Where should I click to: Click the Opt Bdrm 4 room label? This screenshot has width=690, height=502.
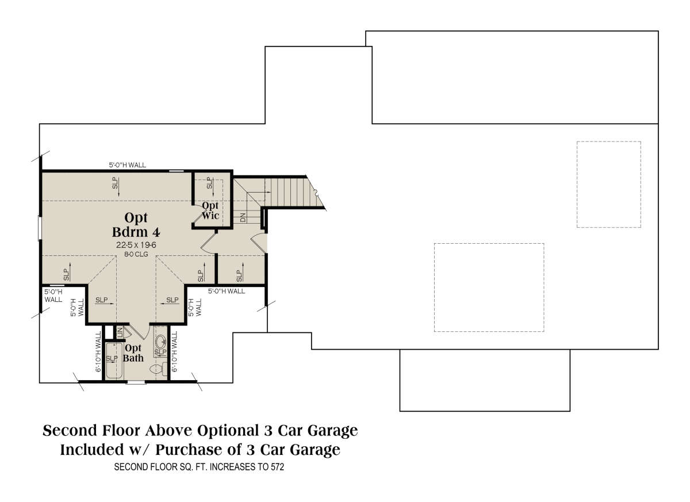[x=136, y=225]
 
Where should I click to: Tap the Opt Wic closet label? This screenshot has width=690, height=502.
[x=210, y=210]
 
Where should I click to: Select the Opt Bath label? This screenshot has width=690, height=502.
[x=133, y=353]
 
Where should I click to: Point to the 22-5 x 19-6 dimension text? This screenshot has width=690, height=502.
[x=136, y=245]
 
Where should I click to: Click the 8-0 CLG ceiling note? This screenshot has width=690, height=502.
[x=136, y=254]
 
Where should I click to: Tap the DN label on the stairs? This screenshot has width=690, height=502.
[x=243, y=217]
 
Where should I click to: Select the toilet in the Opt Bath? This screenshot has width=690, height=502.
[x=158, y=369]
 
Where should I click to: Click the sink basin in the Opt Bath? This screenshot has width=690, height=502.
[x=160, y=342]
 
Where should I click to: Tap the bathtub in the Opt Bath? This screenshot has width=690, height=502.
[x=114, y=361]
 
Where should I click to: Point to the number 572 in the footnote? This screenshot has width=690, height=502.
[x=277, y=467]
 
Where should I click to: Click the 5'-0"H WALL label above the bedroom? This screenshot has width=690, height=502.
[x=127, y=165]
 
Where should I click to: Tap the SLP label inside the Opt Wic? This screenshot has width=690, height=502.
[x=210, y=183]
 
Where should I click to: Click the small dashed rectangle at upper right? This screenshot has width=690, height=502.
[x=609, y=185]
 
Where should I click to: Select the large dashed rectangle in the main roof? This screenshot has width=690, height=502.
[x=489, y=288]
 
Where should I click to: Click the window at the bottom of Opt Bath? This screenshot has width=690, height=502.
[x=136, y=382]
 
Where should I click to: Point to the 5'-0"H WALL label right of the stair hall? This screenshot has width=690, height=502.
[x=227, y=291]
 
